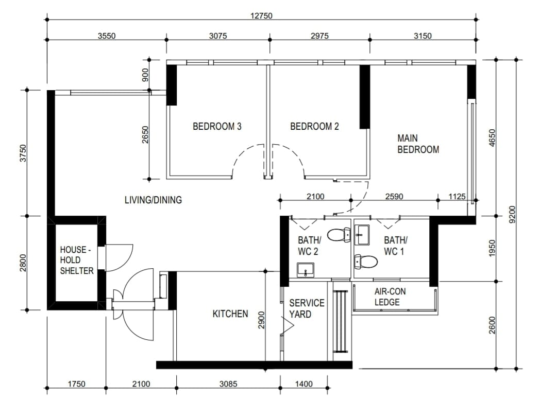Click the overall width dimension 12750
tap(261, 15)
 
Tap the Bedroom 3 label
tap(217, 126)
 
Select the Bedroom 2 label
tap(314, 126)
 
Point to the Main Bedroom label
tap(418, 144)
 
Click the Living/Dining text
tap(153, 200)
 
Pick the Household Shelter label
tap(77, 260)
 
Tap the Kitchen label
tap(230, 314)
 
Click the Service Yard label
tap(307, 308)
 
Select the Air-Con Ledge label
tap(390, 297)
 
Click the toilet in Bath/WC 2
tap(339, 235)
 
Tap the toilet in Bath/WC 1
tap(366, 262)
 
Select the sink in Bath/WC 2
tap(306, 269)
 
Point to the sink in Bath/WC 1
tap(363, 234)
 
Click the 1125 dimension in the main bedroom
tap(457, 196)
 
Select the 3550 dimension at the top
tap(107, 36)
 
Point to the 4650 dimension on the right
tap(491, 137)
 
